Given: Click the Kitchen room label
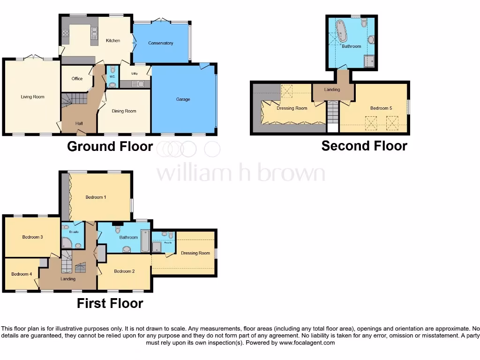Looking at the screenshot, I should click(x=112, y=41).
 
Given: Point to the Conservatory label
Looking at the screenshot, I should click(x=160, y=43).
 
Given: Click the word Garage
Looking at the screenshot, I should click(x=183, y=99).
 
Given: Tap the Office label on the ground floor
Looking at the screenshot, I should click(x=77, y=79).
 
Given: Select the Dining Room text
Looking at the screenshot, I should click(x=124, y=111).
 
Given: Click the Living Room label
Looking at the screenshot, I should click(x=32, y=97).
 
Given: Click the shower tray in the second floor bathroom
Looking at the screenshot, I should click(x=369, y=61).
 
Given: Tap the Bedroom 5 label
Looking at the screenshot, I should click(x=381, y=108).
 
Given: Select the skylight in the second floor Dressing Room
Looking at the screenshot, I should click(x=286, y=91).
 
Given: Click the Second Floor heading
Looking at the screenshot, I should click(x=364, y=146).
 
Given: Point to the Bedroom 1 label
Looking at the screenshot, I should click(x=96, y=197).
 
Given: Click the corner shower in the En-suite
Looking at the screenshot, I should click(x=67, y=243).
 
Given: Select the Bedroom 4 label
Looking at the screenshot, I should click(x=22, y=274).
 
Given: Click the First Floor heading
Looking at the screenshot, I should click(x=110, y=303).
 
